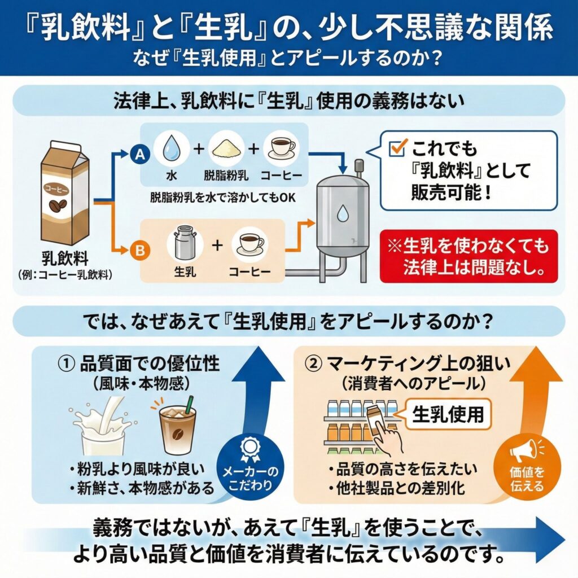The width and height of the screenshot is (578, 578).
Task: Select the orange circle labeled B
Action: pyautogui.click(x=137, y=248)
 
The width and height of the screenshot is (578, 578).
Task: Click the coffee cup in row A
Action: pyautogui.click(x=280, y=148)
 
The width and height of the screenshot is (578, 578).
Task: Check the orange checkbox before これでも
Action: pyautogui.click(x=399, y=148)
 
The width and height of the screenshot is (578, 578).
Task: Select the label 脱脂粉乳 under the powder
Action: pyautogui.click(x=223, y=176)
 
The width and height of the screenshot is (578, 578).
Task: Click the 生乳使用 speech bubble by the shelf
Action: pyautogui.click(x=448, y=415)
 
